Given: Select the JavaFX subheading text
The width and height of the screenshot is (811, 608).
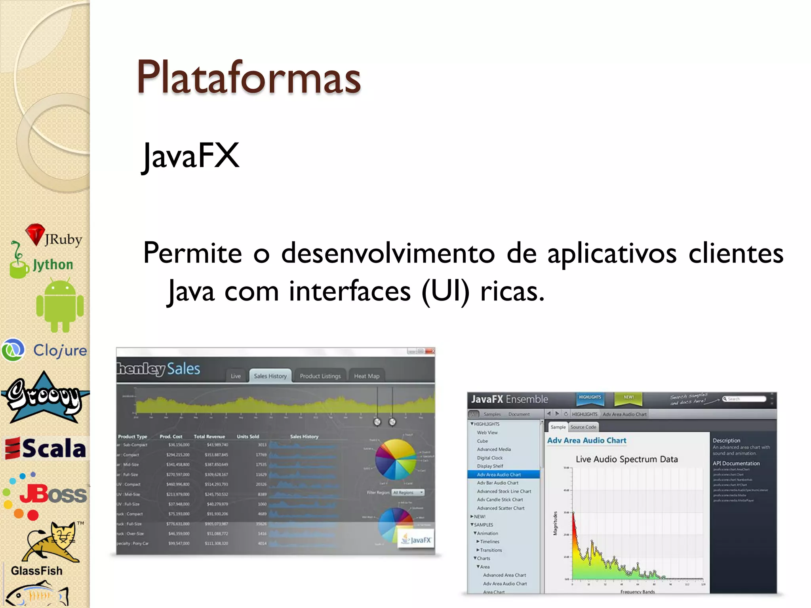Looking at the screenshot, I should (x=191, y=156).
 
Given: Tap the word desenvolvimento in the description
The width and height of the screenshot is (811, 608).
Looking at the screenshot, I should (x=388, y=253).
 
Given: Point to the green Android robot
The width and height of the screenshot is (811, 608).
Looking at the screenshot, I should (x=60, y=305).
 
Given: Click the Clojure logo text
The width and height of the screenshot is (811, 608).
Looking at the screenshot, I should (x=60, y=350).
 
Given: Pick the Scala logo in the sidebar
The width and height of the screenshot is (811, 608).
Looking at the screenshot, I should (x=46, y=448).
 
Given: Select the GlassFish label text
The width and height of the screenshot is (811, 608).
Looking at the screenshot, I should (x=37, y=571).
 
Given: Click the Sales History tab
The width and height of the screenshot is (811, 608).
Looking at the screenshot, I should (x=270, y=376).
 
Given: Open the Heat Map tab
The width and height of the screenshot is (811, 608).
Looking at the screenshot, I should (x=366, y=376).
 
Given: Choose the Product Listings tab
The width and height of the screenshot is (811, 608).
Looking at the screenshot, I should (x=320, y=376).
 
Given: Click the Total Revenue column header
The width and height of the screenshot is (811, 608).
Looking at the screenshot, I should (x=209, y=437).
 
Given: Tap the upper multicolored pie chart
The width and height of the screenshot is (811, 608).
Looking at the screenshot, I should (x=395, y=459).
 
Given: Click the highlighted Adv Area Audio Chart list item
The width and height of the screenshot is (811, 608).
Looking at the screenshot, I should (x=499, y=475).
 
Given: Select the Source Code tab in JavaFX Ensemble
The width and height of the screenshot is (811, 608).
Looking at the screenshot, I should (x=583, y=427).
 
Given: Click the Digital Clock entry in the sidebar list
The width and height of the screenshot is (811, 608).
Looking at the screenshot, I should (x=489, y=458).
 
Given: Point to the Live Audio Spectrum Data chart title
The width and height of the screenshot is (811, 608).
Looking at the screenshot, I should (x=626, y=459).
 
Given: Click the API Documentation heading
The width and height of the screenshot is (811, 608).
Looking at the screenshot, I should (x=736, y=464).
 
